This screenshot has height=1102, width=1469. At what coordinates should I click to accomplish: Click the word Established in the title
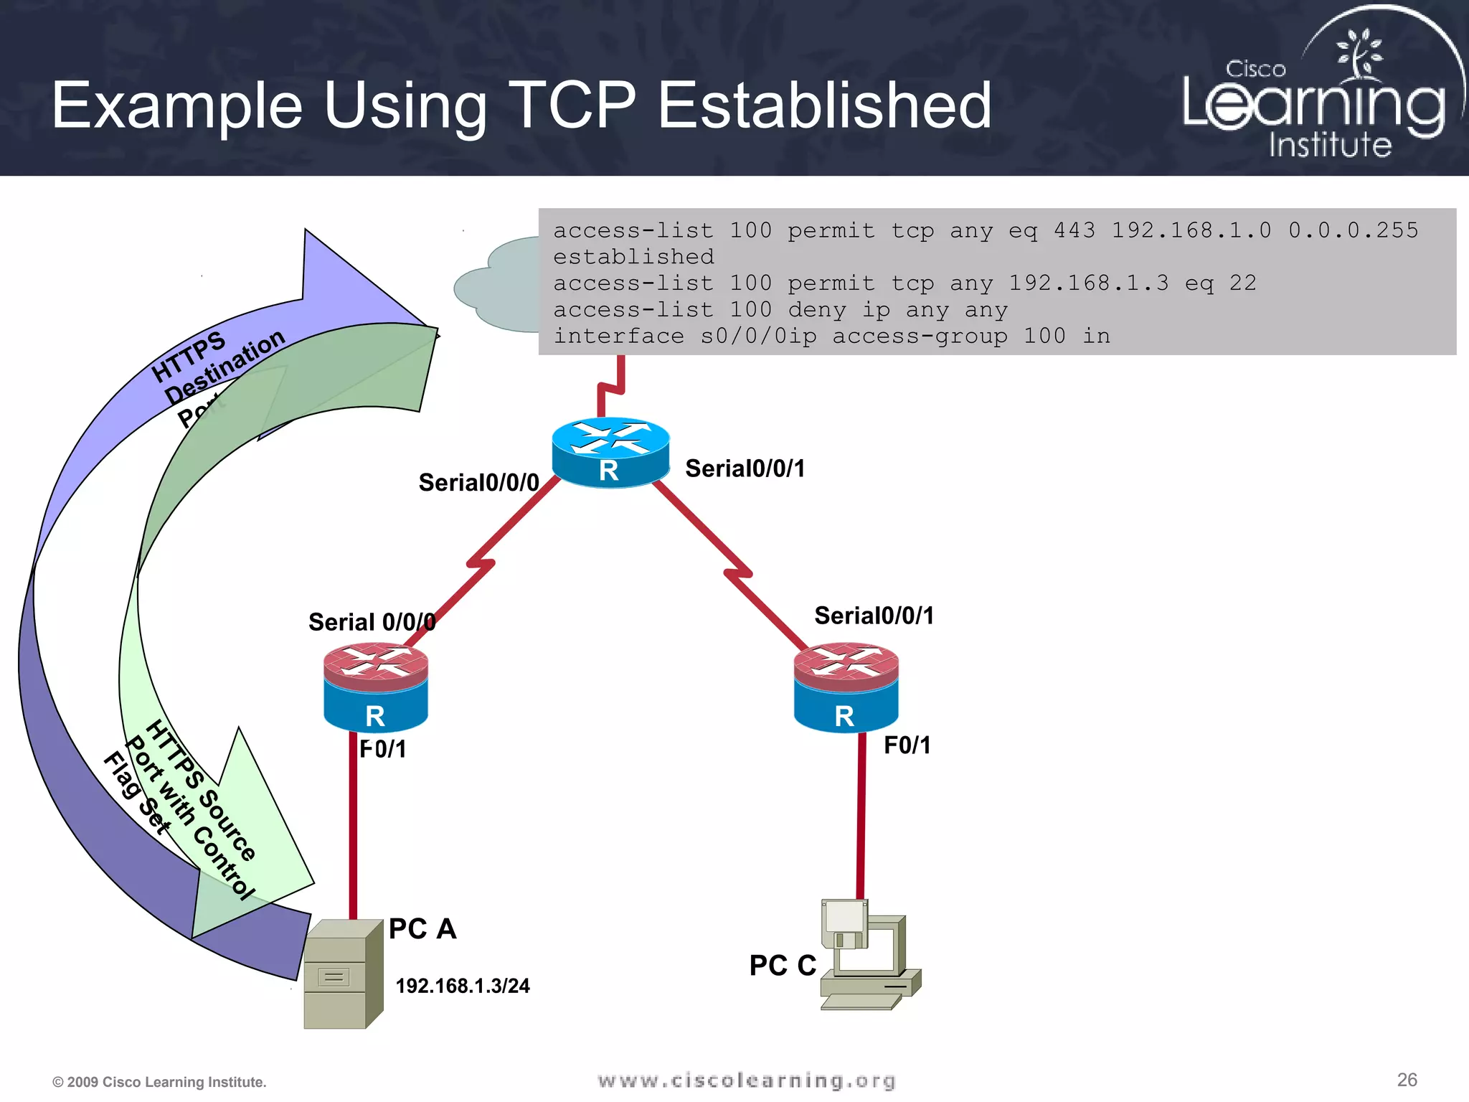[825, 105]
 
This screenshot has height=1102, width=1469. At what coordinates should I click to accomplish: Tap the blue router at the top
[610, 452]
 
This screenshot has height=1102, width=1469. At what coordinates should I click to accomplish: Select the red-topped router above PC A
[375, 687]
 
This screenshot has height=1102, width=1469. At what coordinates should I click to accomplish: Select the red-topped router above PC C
[846, 687]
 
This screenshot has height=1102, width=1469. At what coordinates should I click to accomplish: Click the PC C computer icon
[868, 954]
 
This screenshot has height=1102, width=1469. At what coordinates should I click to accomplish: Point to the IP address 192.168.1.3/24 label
[463, 986]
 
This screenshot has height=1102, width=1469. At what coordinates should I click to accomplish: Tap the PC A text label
[422, 928]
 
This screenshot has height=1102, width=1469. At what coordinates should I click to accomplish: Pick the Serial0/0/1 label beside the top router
[745, 468]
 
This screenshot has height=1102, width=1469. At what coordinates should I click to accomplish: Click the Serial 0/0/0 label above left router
[372, 622]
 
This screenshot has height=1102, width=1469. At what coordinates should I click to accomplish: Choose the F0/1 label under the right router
[907, 745]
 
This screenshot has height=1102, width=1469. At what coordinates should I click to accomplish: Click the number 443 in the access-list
[1074, 230]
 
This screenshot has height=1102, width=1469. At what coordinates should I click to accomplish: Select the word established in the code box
[633, 257]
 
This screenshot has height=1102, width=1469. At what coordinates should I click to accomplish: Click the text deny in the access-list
[817, 310]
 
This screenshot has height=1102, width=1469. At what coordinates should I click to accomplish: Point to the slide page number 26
[1407, 1080]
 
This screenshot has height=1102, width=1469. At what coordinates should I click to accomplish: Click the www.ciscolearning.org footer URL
[746, 1080]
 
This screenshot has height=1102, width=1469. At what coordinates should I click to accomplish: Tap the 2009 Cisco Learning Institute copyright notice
[159, 1082]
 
